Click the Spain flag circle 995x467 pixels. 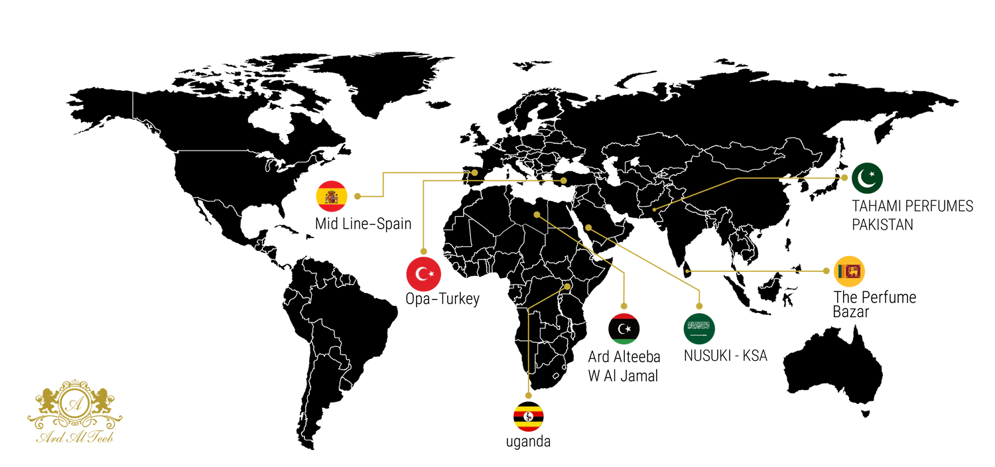331,196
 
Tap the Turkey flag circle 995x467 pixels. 423,273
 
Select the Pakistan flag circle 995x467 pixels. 867,178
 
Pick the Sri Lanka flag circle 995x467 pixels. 850,271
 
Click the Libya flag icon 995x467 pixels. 624,329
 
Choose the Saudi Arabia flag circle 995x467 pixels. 698,329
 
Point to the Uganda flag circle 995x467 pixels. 528,417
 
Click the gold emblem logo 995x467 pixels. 74,411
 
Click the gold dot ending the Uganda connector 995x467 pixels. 567,287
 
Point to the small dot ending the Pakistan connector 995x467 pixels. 654,210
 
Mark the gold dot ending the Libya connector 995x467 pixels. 537,214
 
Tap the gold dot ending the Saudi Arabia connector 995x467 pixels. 588,228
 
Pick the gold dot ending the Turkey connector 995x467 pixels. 563,180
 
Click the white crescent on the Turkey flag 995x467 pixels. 421,273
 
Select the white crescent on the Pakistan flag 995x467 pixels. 865,178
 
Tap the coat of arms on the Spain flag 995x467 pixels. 331,196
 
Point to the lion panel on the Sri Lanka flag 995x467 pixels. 853,271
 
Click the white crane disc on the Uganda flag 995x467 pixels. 528,417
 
